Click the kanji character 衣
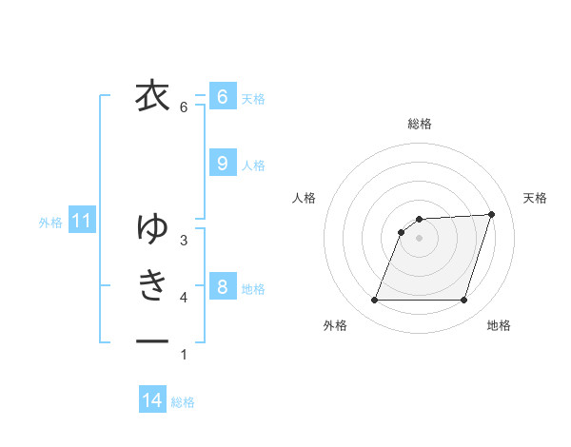pos(152,96)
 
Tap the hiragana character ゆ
pos(152,227)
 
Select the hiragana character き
pos(152,284)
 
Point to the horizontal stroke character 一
pos(152,340)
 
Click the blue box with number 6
pos(222,96)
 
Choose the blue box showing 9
pos(222,164)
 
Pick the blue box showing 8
pos(222,286)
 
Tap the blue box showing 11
pos(81,222)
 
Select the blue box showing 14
pos(152,400)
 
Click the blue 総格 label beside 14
pos(183,402)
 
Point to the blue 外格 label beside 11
pos(50,223)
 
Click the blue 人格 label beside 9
pos(253,165)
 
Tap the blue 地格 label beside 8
pos(253,288)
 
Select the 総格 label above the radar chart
pos(419,124)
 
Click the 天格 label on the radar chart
pos(535,198)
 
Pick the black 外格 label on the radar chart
pos(335,325)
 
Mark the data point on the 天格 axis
pos(491,215)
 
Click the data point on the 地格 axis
pos(463,300)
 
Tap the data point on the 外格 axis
pos(374,300)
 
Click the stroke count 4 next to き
pos(184,298)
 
